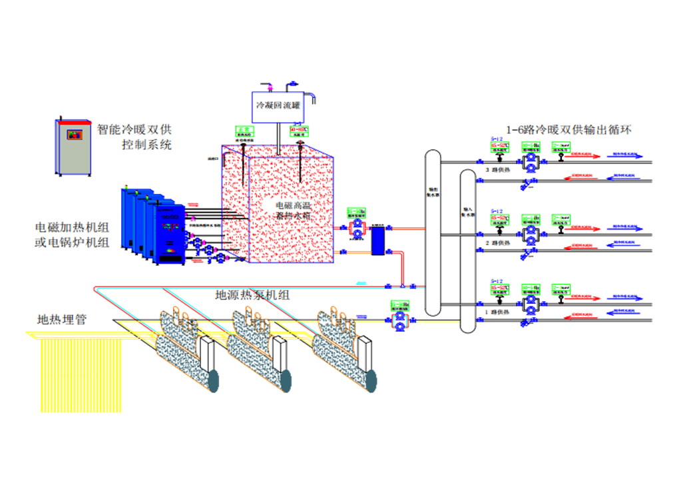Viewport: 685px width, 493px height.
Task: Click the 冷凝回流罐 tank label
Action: coord(278,105)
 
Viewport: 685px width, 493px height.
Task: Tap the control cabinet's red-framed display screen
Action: coord(73,134)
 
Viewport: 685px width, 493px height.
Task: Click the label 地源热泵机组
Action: coord(252,294)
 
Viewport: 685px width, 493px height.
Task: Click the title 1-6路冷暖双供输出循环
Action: coord(569,130)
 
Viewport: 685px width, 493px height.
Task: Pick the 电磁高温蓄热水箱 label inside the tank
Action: coord(294,211)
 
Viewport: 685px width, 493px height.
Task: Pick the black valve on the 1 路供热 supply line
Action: coord(563,303)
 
